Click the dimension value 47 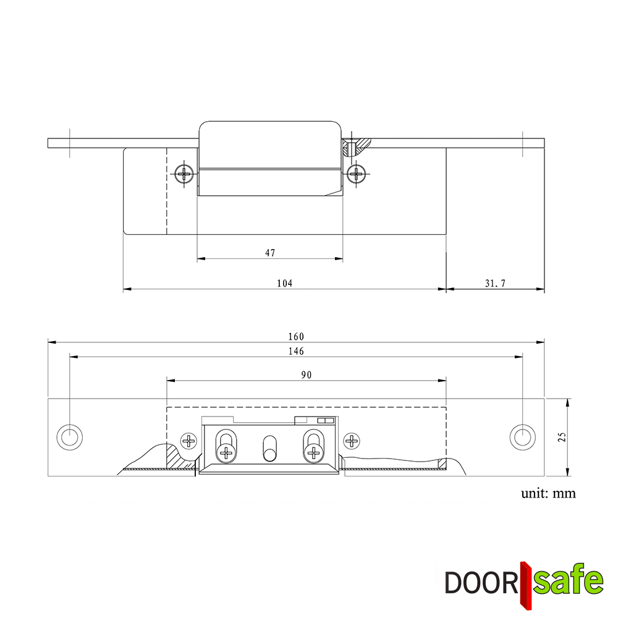coord(270,253)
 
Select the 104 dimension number coord(284,283)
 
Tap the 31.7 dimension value coord(495,283)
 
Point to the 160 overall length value coord(296,336)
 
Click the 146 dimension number coord(296,351)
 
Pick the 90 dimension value coord(306,375)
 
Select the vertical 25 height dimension coord(561,437)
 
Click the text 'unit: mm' coord(548,493)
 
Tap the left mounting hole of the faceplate coord(69,437)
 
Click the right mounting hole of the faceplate coord(522,437)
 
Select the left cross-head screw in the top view coord(184,174)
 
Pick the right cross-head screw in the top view coord(356,174)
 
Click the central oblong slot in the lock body coord(269,448)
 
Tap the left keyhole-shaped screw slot coord(226,446)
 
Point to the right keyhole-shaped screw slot coord(313,446)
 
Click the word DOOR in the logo coord(480,582)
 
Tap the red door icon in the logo coord(525,584)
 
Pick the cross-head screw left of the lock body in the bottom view coord(188,441)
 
